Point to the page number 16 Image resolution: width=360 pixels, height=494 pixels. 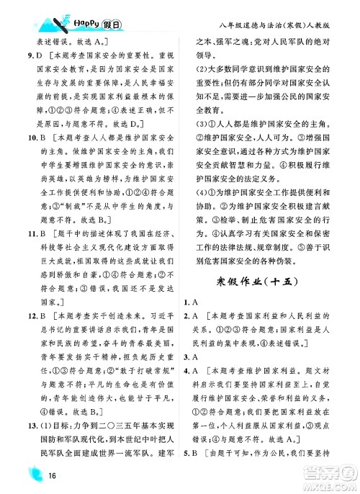53,475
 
